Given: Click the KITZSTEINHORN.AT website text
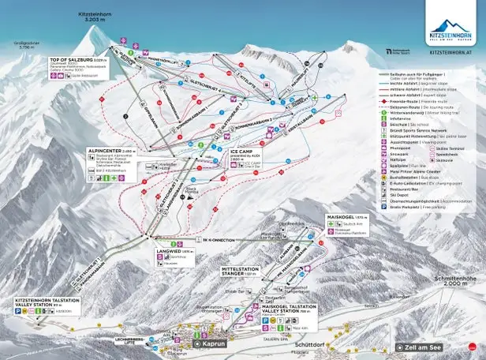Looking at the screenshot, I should pos(450,54).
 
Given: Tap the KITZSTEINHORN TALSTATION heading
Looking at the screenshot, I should pos(47,302).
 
